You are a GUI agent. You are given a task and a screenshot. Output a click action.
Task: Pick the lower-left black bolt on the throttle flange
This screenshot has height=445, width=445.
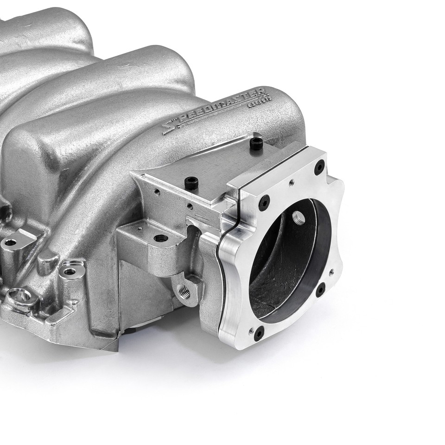coord(260,332)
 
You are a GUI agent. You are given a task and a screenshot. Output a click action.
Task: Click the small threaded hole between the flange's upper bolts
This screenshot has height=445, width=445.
coord(291,182)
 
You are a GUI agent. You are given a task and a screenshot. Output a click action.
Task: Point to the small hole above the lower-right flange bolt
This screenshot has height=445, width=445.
coord(331,272)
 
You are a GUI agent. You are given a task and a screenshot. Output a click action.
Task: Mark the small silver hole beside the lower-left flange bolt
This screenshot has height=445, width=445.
coord(250,331)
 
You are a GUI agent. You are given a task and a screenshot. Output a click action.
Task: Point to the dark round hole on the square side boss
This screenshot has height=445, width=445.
coord(161,238)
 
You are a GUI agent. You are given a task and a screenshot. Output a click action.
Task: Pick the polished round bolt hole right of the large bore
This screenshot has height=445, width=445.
coord(70,271)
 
